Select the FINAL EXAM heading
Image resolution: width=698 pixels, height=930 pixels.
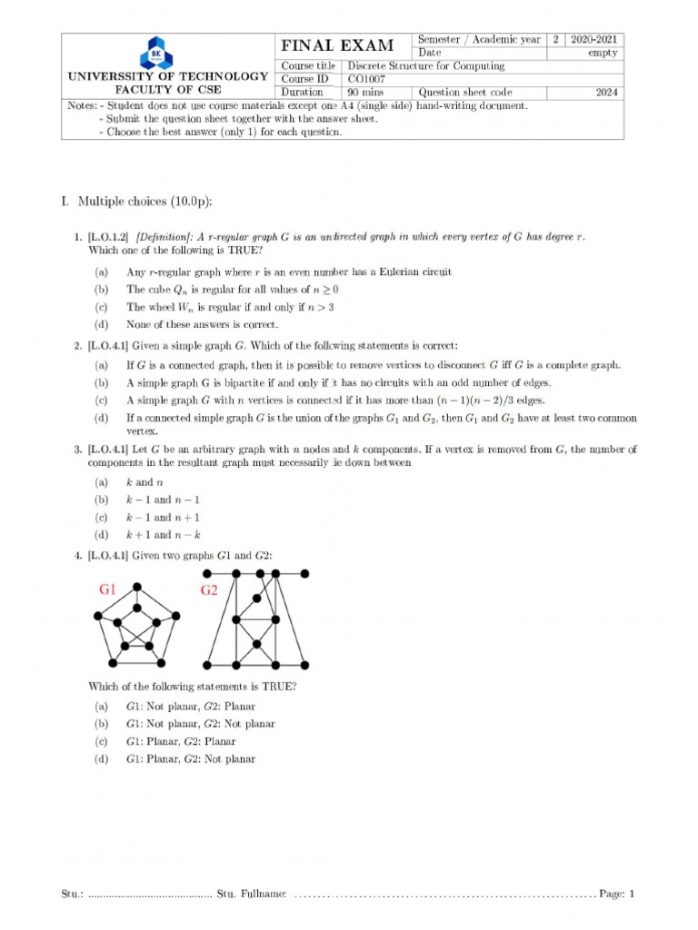point(337,46)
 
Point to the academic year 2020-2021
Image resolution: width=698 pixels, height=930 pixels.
point(594,40)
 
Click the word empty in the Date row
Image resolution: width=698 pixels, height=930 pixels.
point(603,53)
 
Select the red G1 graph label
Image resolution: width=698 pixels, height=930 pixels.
point(107,590)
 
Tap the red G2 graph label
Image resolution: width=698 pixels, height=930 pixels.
point(209,590)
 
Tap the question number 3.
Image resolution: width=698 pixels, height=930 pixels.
point(78,450)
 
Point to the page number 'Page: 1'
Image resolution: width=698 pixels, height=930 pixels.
point(616,895)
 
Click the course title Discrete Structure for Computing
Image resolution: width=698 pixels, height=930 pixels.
point(426,66)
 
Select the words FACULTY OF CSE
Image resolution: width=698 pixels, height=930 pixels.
point(168,90)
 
